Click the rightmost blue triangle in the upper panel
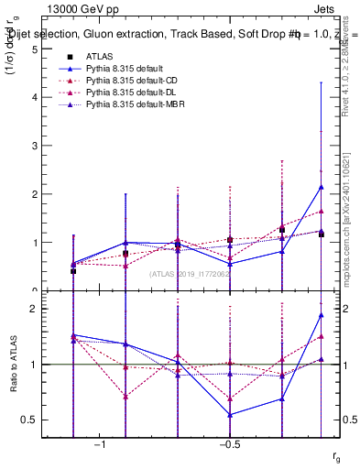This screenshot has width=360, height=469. (322, 187)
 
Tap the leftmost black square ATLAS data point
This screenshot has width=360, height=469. (73, 271)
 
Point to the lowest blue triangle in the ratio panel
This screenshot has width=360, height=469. (230, 415)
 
